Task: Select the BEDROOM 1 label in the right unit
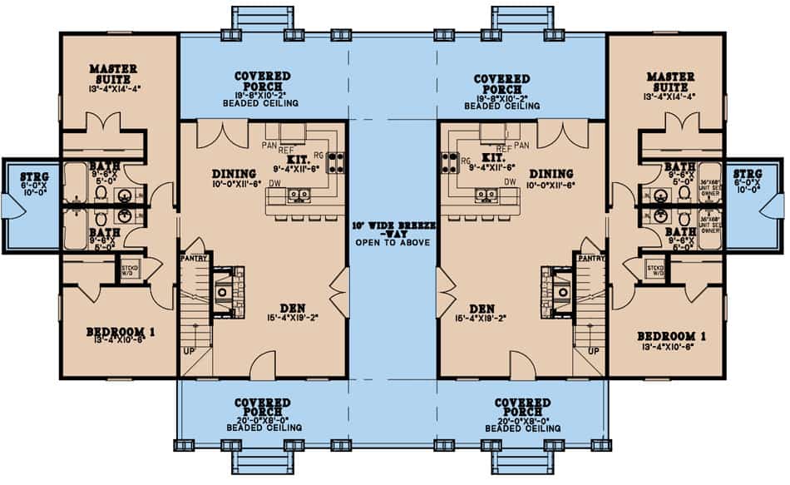pyautogui.click(x=671, y=336)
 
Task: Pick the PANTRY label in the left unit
pyautogui.click(x=193, y=259)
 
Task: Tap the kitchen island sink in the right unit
pyautogui.click(x=486, y=195)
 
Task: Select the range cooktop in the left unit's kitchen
pyautogui.click(x=337, y=159)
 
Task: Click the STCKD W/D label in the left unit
pyautogui.click(x=130, y=271)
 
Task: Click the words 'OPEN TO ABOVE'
pyautogui.click(x=392, y=243)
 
